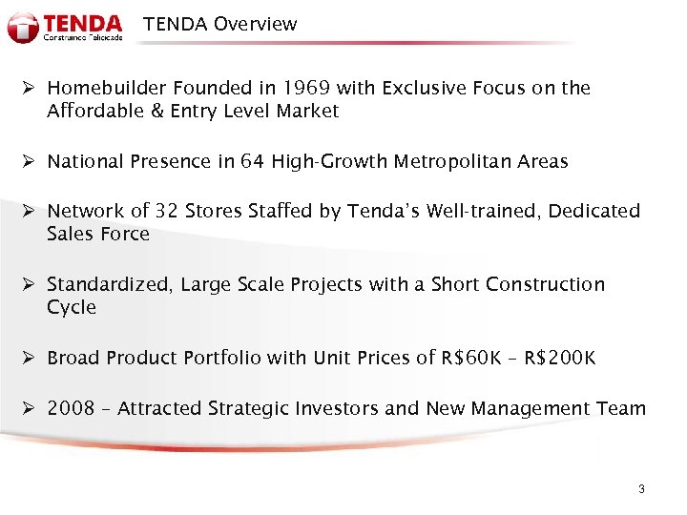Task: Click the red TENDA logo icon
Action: pyautogui.click(x=23, y=27)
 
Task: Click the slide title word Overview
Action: pyautogui.click(x=255, y=24)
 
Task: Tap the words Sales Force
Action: pyautogui.click(x=98, y=235)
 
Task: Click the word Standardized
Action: pyautogui.click(x=112, y=285)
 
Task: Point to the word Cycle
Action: pyautogui.click(x=72, y=307)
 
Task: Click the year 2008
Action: pyautogui.click(x=71, y=409)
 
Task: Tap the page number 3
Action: pyautogui.click(x=641, y=489)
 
